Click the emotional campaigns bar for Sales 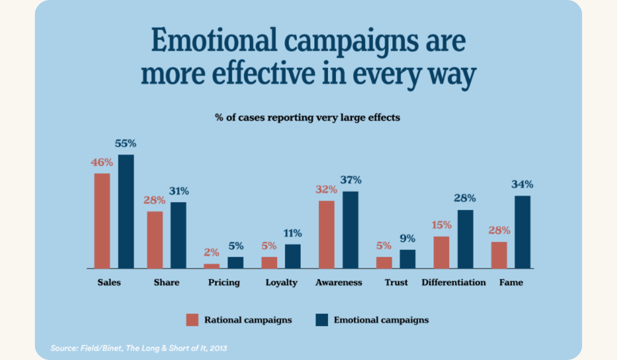[x=126, y=211]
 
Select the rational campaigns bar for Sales [x=102, y=221]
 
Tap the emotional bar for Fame [x=522, y=232]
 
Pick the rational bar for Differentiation [x=441, y=252]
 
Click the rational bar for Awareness [x=326, y=235]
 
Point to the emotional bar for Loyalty [x=293, y=256]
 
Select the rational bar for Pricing [x=211, y=266]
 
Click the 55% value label [x=125, y=144]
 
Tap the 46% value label [x=102, y=163]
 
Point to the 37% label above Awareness [x=351, y=180]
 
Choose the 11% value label [x=293, y=233]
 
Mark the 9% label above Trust [x=408, y=239]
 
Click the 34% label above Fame [x=522, y=185]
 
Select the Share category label [x=167, y=282]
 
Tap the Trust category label [x=396, y=282]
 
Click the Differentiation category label [x=453, y=282]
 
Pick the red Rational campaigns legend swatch [x=192, y=320]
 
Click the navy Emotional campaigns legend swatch [x=321, y=320]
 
